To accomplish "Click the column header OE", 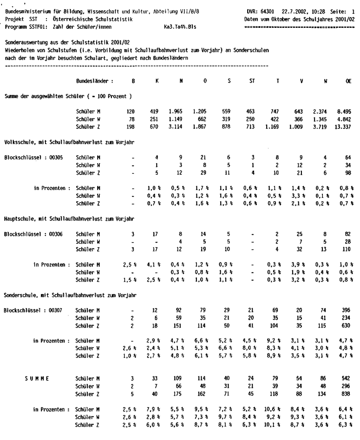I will (x=347, y=80).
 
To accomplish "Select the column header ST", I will (x=252, y=80).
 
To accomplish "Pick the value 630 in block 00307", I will (x=346, y=325).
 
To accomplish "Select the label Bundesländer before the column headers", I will (x=93, y=80).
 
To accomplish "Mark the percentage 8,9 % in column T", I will (x=277, y=356).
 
